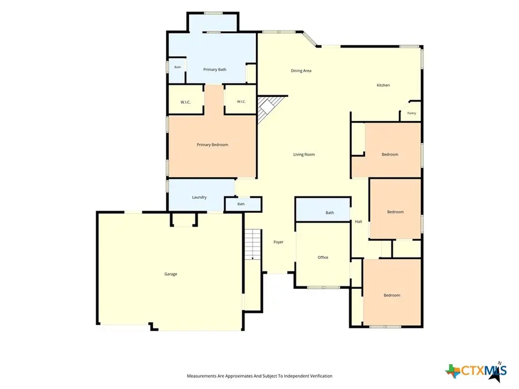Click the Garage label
click(x=171, y=274)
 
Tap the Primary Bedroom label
click(x=212, y=145)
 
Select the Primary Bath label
click(x=215, y=70)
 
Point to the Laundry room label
click(x=200, y=197)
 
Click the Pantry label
click(x=411, y=113)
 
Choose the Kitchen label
click(x=383, y=85)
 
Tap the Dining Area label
click(x=301, y=70)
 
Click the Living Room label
click(x=304, y=154)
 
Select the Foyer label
click(x=279, y=242)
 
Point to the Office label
click(x=323, y=258)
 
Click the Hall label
click(x=359, y=222)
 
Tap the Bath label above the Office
click(x=330, y=213)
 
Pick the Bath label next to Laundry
click(x=241, y=204)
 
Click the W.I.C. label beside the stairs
click(x=241, y=101)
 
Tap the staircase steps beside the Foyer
click(x=253, y=244)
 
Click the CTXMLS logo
click(x=476, y=371)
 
